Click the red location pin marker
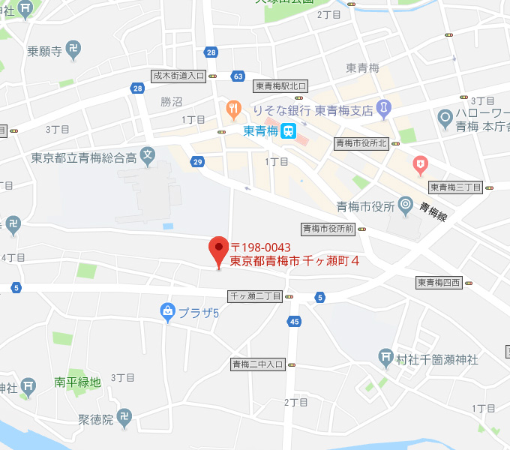tap(218, 248)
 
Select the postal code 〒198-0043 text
tap(260, 247)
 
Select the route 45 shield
tap(294, 322)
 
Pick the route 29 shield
tap(197, 161)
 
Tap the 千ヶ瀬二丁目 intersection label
tap(256, 297)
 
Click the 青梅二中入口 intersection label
tap(257, 364)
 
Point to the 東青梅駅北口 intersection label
tap(280, 86)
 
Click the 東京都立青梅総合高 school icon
tap(148, 157)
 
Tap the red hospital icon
tap(421, 162)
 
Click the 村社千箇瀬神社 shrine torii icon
tap(386, 358)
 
